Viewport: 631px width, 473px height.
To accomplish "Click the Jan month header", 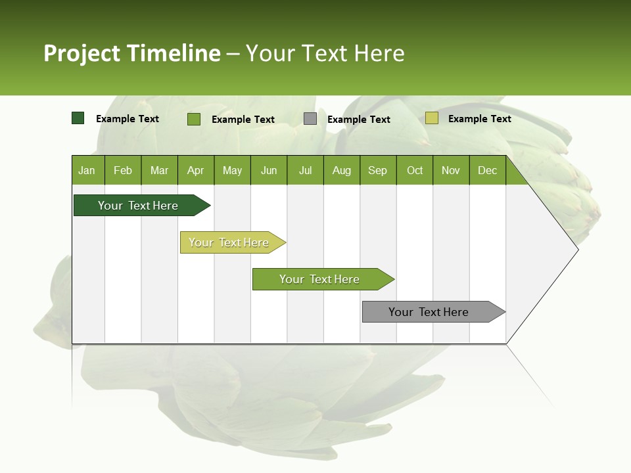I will (87, 170).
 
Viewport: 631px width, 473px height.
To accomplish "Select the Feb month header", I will (123, 170).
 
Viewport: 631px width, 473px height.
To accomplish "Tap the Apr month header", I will (196, 170).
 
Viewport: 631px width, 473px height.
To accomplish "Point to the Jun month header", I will (269, 170).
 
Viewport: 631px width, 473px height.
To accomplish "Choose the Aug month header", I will (342, 170).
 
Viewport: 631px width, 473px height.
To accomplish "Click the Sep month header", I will (378, 170).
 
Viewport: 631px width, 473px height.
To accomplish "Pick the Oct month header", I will (415, 170).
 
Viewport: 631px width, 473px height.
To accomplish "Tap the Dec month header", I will (488, 170).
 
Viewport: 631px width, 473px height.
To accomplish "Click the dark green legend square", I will (78, 118).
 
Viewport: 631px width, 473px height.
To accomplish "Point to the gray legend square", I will (310, 119).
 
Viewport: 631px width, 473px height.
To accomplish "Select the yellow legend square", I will (432, 118).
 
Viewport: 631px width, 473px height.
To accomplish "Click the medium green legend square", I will (194, 119).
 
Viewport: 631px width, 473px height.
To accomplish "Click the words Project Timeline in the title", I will (132, 53).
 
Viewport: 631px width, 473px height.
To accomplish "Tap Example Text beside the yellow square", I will (479, 119).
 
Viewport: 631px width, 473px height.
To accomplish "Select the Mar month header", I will (159, 170).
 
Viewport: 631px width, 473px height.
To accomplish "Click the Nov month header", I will (451, 170).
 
